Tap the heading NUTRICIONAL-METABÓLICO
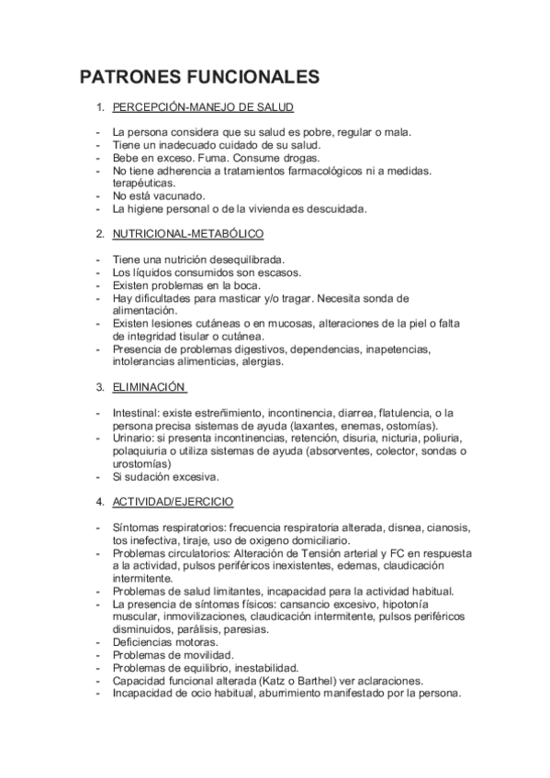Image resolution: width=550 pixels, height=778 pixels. pyautogui.click(x=188, y=234)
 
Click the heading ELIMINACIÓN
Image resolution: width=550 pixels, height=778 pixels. pyautogui.click(x=150, y=387)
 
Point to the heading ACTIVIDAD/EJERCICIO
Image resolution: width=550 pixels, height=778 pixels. pyautogui.click(x=173, y=502)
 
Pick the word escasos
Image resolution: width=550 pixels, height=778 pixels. pyautogui.click(x=278, y=272)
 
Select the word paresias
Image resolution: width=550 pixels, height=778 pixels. pyautogui.click(x=245, y=629)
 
